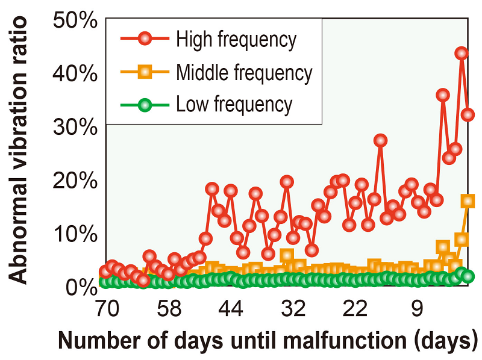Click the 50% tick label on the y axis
(x=75, y=21)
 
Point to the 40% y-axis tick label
(x=75, y=74)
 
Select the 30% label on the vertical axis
(x=75, y=127)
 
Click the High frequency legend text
(x=236, y=40)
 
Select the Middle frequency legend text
(x=244, y=73)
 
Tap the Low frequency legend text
(x=234, y=105)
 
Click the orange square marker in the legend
(x=145, y=73)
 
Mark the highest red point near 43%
(x=462, y=54)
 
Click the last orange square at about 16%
(x=468, y=200)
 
